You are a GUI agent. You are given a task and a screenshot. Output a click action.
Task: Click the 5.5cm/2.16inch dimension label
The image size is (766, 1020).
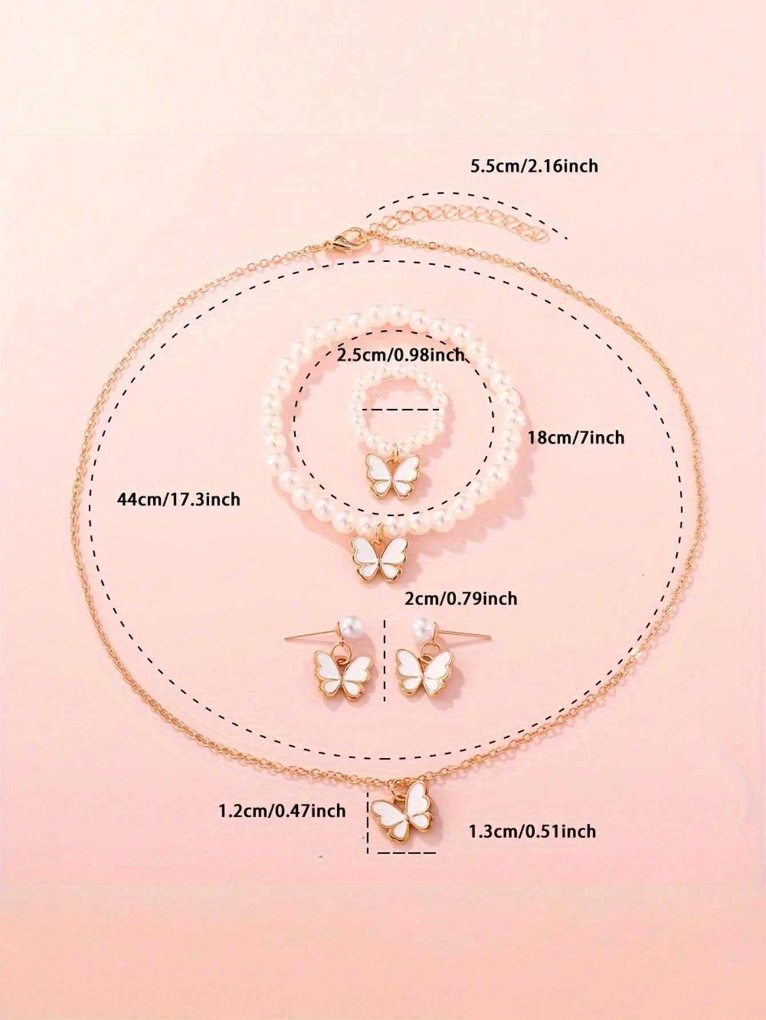pos(533,166)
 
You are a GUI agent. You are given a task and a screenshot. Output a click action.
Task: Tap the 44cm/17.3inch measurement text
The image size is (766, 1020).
pos(178,499)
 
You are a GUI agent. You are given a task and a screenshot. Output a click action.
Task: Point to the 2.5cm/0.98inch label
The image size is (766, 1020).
pos(400,355)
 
